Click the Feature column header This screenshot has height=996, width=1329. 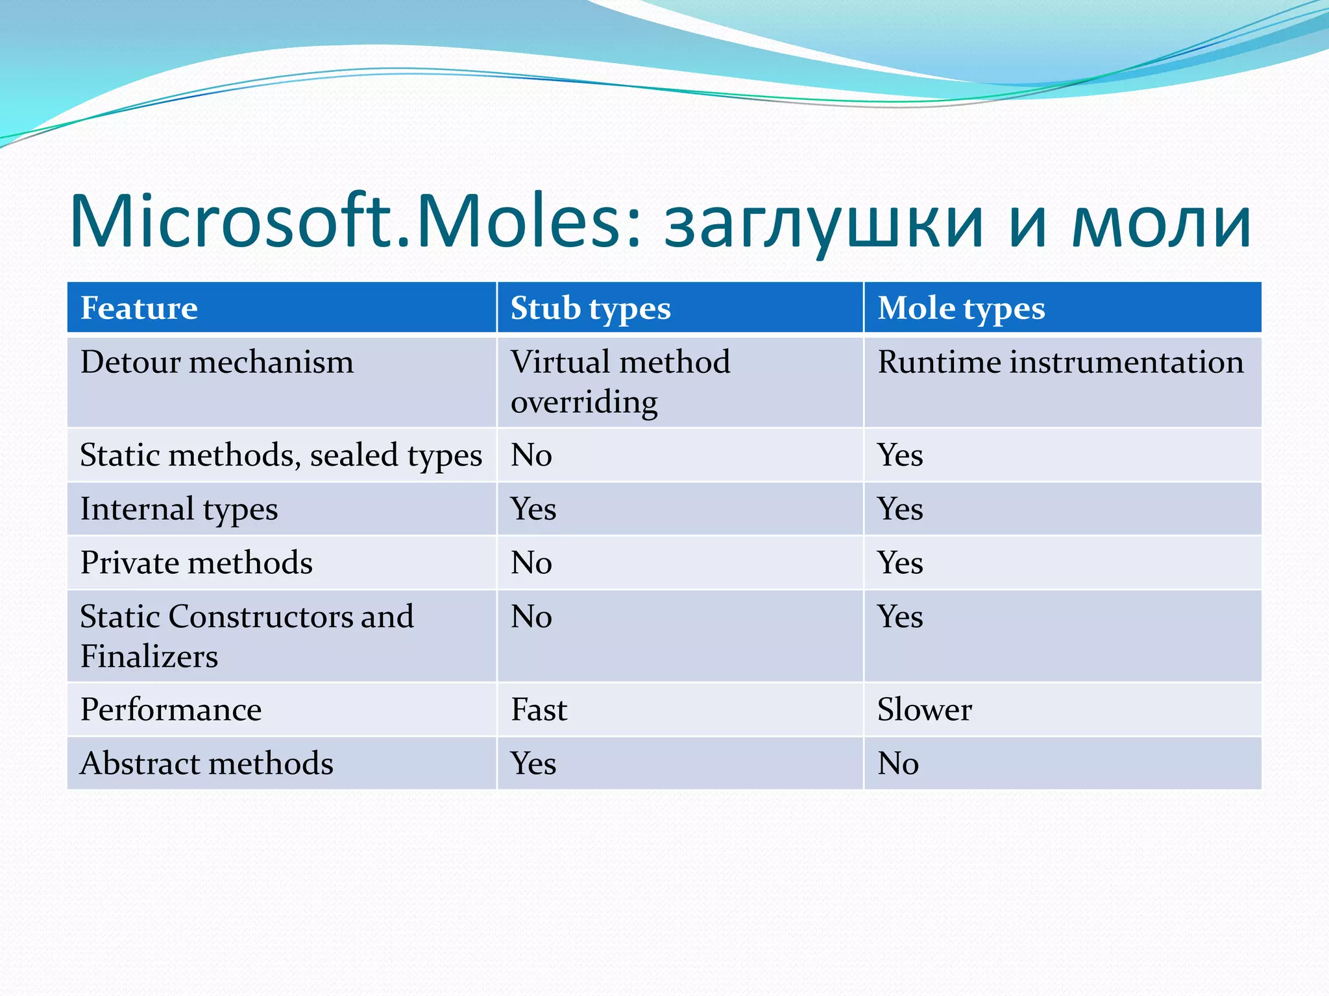[139, 308]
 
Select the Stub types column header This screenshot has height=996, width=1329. [590, 308]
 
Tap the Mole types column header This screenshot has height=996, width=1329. [960, 308]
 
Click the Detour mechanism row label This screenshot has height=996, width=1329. [217, 362]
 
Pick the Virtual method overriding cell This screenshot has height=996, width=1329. [620, 381]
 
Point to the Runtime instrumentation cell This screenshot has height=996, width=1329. [1060, 362]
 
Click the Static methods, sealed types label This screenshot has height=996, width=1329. [280, 455]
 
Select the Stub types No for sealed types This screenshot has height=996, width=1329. [531, 455]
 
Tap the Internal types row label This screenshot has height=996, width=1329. [178, 509]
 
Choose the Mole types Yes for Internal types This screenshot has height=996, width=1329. [899, 509]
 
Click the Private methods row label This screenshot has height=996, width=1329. [196, 563]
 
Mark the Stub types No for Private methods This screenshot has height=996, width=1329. [531, 563]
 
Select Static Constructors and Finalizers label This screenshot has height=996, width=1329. [246, 636]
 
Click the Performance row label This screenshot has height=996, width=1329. [171, 709]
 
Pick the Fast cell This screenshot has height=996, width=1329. [539, 709]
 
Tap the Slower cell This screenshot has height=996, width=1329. [924, 709]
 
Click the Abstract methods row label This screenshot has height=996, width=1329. [206, 763]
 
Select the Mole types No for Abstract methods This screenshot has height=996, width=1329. [897, 763]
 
